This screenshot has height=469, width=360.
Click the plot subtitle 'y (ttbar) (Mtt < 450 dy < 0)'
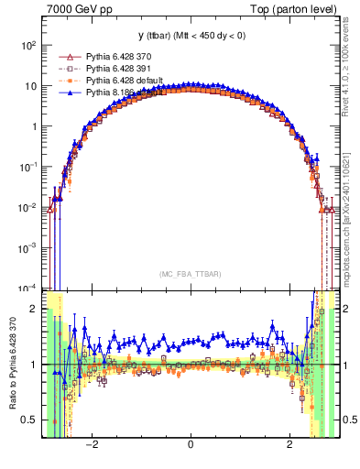[x=190, y=36]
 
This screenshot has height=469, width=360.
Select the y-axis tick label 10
[x=31, y=86]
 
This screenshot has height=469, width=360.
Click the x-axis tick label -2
[x=92, y=446]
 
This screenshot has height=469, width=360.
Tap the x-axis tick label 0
[x=190, y=446]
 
